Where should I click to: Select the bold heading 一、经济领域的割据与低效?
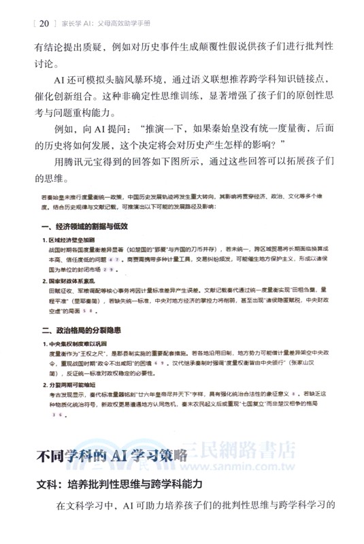coord(85,226)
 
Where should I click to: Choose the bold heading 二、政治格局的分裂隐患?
coord(84,331)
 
